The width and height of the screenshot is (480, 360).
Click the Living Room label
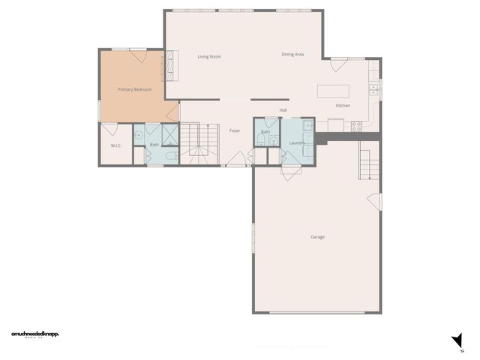[208, 56]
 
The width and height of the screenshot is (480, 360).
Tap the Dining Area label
[292, 54]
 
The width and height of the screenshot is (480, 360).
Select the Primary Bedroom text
[135, 89]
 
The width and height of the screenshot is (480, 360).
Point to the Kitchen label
[343, 106]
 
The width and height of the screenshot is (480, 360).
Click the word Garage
[318, 237]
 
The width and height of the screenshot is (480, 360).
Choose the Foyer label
[235, 131]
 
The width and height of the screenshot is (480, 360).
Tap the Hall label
[283, 110]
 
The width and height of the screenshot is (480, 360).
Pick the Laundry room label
[296, 142]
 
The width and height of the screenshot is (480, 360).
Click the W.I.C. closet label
[116, 145]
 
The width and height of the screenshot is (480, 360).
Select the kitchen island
[333, 91]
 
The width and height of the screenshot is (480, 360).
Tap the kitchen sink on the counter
[373, 88]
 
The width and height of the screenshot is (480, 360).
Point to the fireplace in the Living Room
[170, 64]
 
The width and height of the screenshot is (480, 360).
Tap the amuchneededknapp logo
[34, 333]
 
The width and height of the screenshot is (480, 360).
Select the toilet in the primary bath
[171, 156]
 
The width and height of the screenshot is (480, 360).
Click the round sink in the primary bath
[139, 135]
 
